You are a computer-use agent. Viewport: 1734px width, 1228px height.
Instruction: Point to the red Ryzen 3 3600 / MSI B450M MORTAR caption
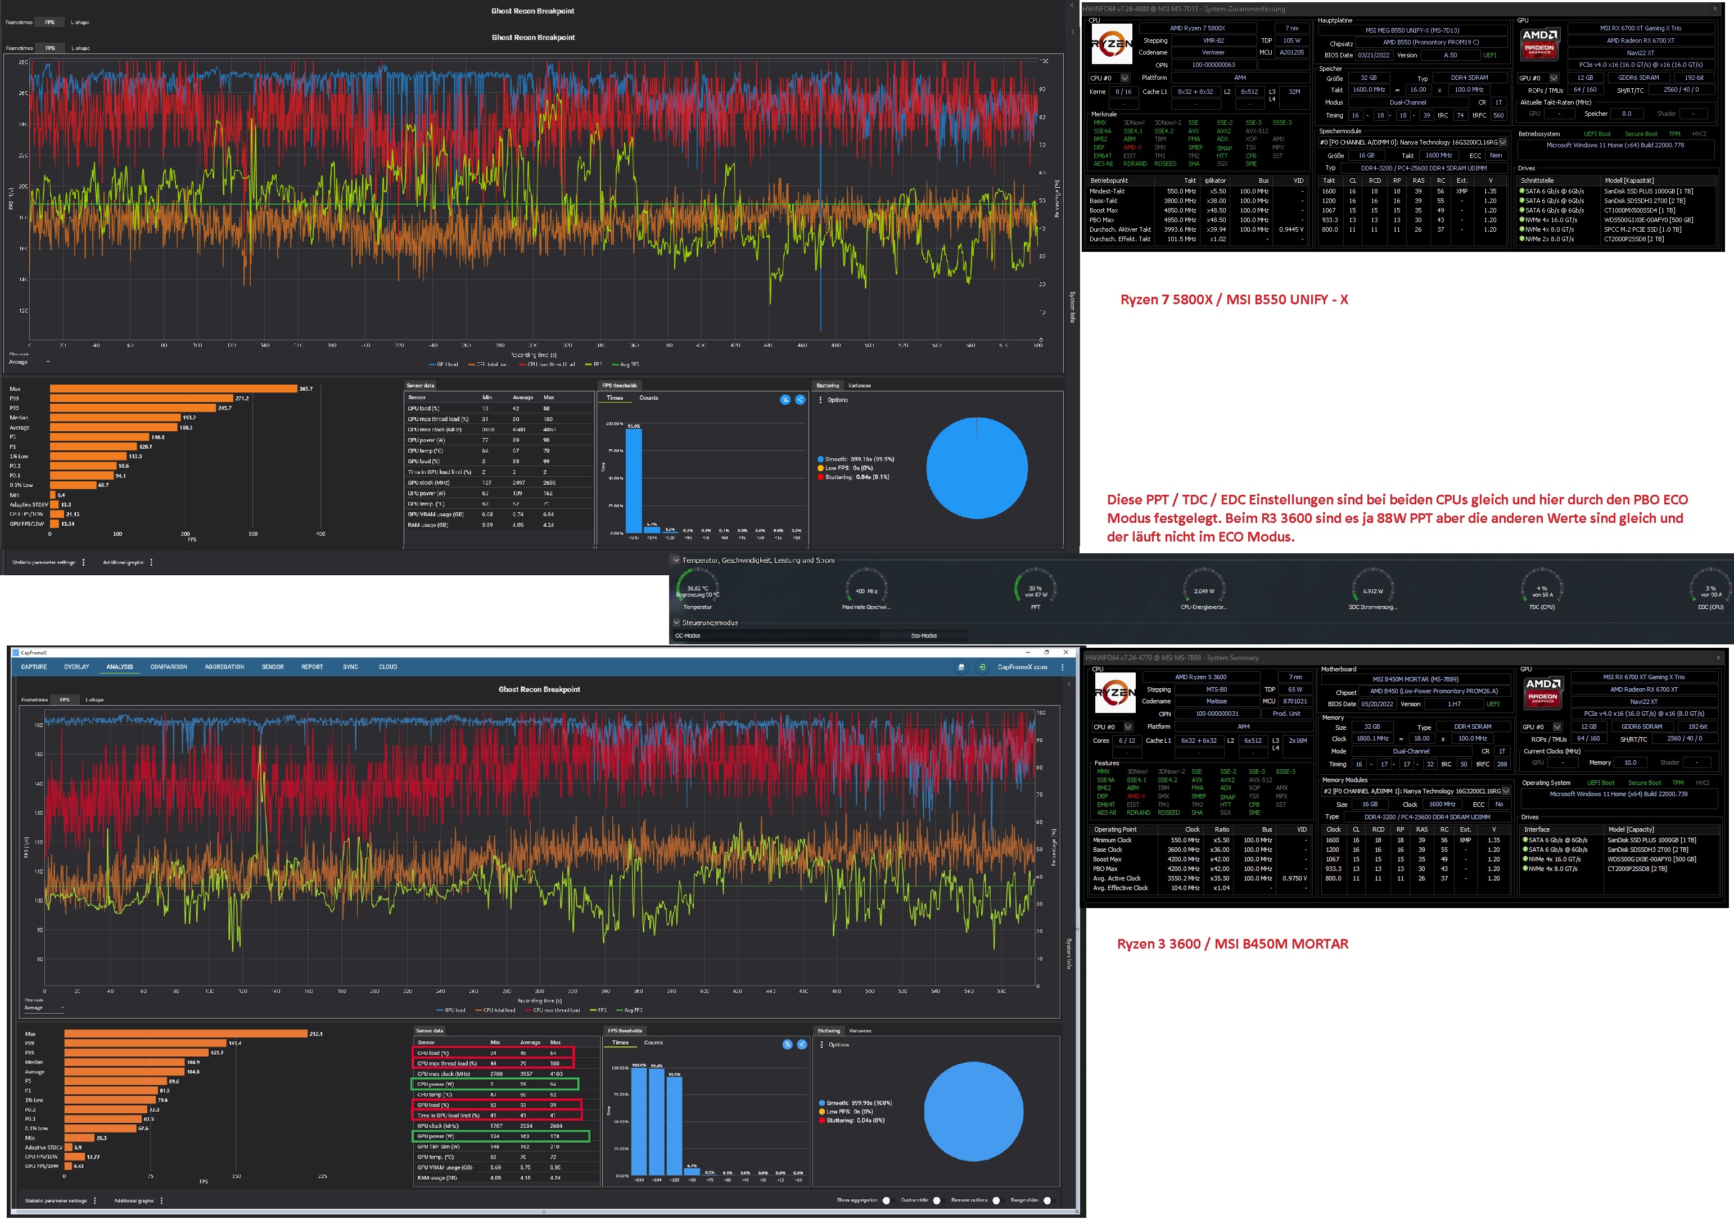pyautogui.click(x=1232, y=943)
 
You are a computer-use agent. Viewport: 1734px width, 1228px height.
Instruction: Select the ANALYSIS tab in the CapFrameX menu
pyautogui.click(x=120, y=667)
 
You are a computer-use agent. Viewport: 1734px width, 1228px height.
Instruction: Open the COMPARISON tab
pyautogui.click(x=169, y=667)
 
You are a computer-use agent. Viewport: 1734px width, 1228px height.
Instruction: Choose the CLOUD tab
pyautogui.click(x=387, y=667)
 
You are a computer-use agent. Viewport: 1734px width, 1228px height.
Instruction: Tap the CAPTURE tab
pyautogui.click(x=34, y=667)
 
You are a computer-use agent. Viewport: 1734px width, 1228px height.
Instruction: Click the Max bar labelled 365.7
pyautogui.click(x=173, y=389)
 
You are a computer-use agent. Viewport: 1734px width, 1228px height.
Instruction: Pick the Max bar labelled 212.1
pyautogui.click(x=186, y=1033)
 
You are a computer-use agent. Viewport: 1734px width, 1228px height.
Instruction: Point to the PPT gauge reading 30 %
pyautogui.click(x=1035, y=589)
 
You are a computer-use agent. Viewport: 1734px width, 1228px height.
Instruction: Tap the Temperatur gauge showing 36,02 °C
pyautogui.click(x=697, y=590)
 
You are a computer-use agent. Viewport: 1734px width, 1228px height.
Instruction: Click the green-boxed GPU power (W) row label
pyautogui.click(x=436, y=1136)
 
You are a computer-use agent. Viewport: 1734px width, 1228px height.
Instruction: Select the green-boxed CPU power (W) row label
pyautogui.click(x=436, y=1083)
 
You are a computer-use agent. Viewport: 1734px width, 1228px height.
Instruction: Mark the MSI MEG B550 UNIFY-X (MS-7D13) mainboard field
pyautogui.click(x=1412, y=30)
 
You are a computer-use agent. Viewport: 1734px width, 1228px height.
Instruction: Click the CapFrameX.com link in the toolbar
pyautogui.click(x=1022, y=667)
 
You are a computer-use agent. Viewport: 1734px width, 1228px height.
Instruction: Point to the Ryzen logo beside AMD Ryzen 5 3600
pyautogui.click(x=1114, y=693)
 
